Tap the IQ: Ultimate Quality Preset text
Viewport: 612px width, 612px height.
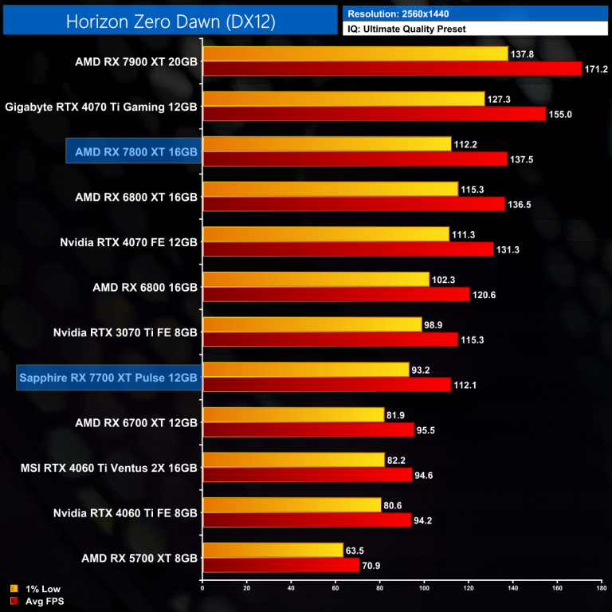coord(406,29)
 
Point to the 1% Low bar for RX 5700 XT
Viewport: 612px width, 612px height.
coord(273,550)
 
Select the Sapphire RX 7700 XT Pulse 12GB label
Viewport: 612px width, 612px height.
coord(108,377)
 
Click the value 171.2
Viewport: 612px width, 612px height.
coord(596,69)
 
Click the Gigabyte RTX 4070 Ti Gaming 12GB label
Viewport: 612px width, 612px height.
coord(101,105)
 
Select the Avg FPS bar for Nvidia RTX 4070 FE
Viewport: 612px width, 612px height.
coord(347,250)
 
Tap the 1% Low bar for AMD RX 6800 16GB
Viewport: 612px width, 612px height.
coord(316,280)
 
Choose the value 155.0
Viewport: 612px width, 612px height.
coord(560,114)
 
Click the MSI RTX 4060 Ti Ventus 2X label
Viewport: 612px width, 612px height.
coord(108,468)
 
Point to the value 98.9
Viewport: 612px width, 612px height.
coord(435,324)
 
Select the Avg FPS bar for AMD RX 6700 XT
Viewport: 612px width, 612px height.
coord(308,430)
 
